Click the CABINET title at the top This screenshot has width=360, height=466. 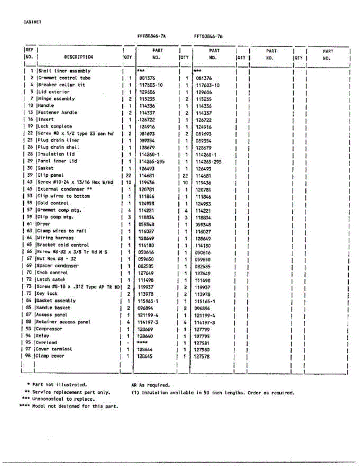32,22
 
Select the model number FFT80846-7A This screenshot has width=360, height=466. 151,36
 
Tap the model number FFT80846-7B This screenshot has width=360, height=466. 208,36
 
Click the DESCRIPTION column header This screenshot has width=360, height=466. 78,57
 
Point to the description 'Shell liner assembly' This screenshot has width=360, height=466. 64,71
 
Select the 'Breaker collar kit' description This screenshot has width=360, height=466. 61,85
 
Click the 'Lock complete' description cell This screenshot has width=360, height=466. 55,126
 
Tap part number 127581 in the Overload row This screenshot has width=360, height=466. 202,343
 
